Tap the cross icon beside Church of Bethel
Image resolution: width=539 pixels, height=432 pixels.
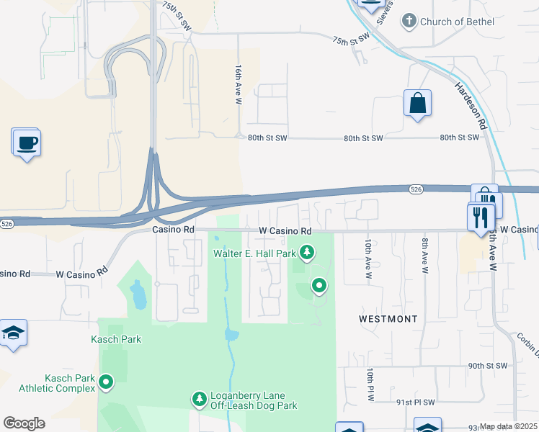pyautogui.click(x=410, y=21)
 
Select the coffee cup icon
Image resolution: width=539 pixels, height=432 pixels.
pyautogui.click(x=27, y=143)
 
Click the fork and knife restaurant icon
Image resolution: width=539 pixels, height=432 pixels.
pyautogui.click(x=481, y=216)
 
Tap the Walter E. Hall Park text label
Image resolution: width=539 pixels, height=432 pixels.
pyautogui.click(x=254, y=253)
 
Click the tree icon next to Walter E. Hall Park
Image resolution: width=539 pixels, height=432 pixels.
pyautogui.click(x=308, y=252)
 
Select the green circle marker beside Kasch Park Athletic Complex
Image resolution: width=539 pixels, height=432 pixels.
pyautogui.click(x=106, y=382)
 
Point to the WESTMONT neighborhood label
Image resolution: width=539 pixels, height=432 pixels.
pyautogui.click(x=388, y=318)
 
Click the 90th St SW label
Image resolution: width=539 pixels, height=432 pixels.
pyautogui.click(x=488, y=366)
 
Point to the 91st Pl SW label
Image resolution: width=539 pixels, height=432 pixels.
pyautogui.click(x=415, y=402)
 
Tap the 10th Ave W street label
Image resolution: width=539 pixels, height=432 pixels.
pyautogui.click(x=368, y=258)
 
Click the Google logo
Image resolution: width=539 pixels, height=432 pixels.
pyautogui.click(x=24, y=423)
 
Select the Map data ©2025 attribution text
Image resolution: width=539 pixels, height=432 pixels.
pyautogui.click(x=509, y=427)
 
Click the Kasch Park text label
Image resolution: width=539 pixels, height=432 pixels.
pyautogui.click(x=116, y=339)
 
